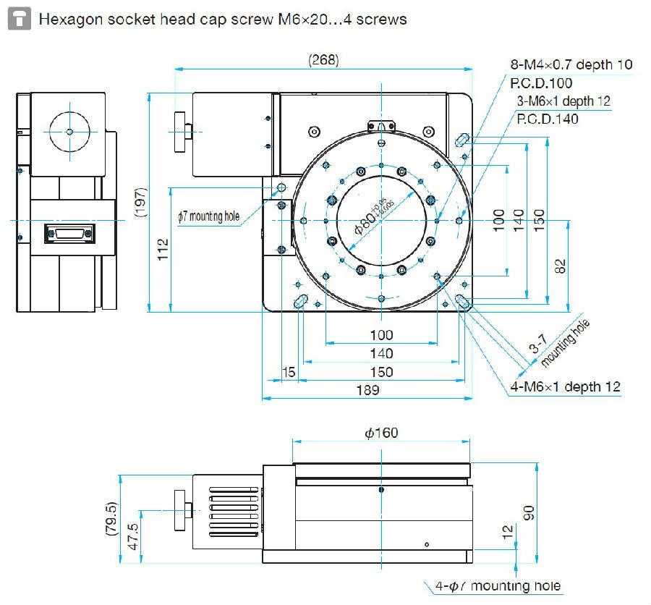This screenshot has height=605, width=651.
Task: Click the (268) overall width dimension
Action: pos(323,60)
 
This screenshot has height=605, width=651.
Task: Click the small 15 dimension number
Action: pos(289,371)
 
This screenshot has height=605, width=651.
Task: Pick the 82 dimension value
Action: pos(560,266)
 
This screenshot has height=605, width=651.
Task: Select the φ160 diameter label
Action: pos(381,433)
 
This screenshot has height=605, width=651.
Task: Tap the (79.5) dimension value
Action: pos(111,520)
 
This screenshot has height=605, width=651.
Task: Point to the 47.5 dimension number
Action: pos(133,538)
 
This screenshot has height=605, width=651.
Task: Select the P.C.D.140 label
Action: pos(548,119)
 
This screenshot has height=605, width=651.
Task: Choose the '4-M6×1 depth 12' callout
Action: pos(566,387)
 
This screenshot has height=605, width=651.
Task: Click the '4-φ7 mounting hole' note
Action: pos(498,585)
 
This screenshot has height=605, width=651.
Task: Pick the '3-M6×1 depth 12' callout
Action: pos(563,101)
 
